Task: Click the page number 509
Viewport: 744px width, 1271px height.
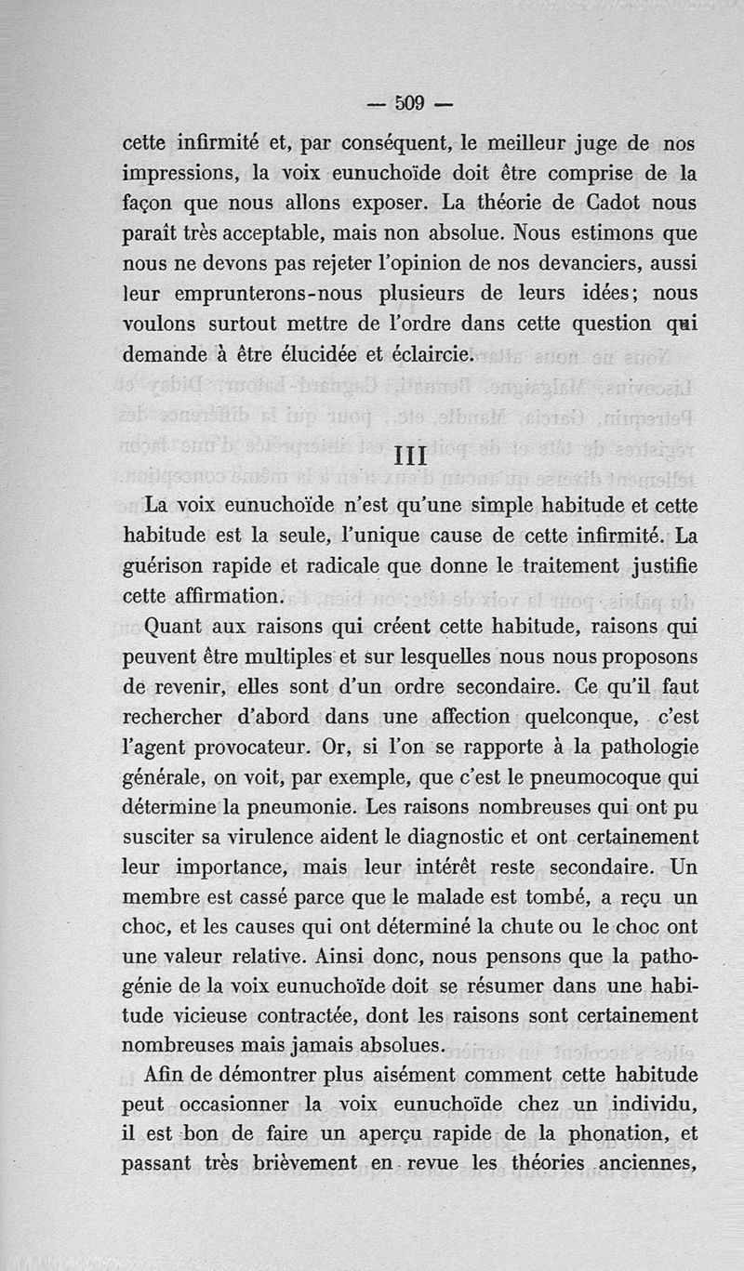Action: click(410, 102)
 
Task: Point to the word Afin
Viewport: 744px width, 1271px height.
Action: click(168, 1075)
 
